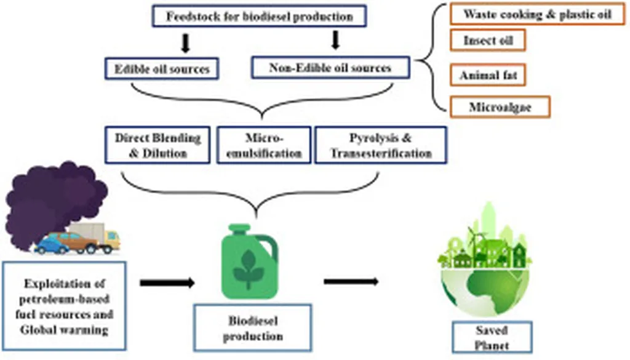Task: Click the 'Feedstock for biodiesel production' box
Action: [x=259, y=17]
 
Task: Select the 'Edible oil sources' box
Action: [x=162, y=68]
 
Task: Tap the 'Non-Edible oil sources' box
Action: [x=330, y=68]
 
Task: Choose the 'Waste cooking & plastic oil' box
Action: [x=537, y=14]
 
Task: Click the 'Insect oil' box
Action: [x=487, y=41]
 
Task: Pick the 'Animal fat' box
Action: [x=488, y=76]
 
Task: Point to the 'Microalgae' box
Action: [x=500, y=107]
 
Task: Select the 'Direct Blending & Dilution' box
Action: [x=159, y=145]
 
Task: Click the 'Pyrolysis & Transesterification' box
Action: [x=381, y=145]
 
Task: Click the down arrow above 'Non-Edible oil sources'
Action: [x=335, y=41]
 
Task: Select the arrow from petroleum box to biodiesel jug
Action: [x=167, y=282]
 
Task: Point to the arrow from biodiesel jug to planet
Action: [x=351, y=281]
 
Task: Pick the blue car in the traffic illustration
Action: [x=51, y=246]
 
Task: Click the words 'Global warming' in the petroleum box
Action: [x=64, y=330]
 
